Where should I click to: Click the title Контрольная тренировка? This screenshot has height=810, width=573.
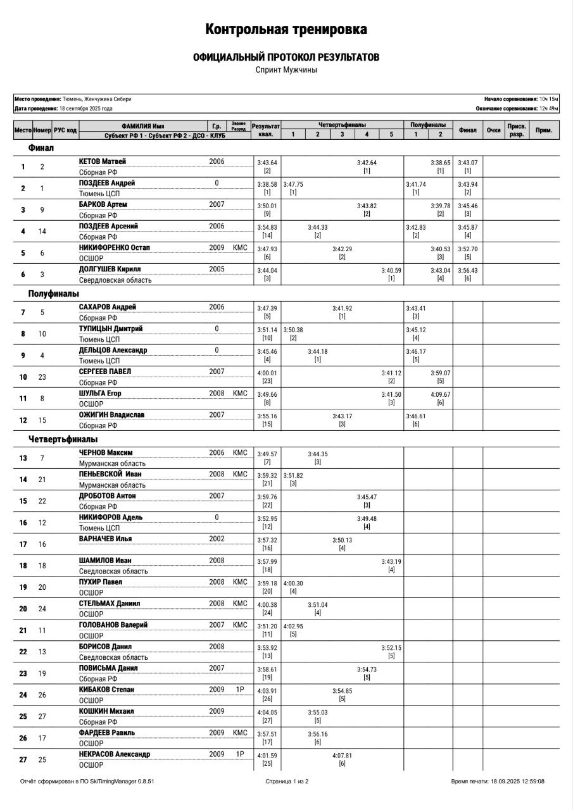(286, 30)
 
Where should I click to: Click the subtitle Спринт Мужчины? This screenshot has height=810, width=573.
(286, 70)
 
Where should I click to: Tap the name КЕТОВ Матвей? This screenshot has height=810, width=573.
(103, 162)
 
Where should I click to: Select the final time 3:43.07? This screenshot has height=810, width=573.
(467, 163)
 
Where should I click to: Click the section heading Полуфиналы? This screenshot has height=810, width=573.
(54, 294)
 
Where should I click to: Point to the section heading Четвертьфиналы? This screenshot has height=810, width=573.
(63, 439)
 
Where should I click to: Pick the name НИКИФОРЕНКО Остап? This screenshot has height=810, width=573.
(115, 247)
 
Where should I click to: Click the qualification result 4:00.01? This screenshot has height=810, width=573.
(267, 373)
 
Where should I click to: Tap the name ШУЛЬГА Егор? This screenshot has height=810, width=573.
(100, 393)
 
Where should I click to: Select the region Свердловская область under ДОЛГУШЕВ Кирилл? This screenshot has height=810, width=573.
(115, 280)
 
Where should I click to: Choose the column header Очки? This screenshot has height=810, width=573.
(493, 130)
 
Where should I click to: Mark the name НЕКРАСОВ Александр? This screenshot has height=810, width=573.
(115, 754)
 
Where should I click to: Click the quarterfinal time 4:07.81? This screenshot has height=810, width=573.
(342, 756)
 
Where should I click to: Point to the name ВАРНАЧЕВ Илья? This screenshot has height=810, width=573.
(106, 539)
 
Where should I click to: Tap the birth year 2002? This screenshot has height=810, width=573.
(217, 539)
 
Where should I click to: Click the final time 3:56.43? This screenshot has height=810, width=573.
(467, 270)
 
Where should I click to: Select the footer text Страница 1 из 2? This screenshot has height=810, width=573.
(287, 781)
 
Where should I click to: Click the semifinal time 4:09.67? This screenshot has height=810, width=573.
(440, 394)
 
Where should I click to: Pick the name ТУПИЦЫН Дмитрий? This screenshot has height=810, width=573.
(111, 329)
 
